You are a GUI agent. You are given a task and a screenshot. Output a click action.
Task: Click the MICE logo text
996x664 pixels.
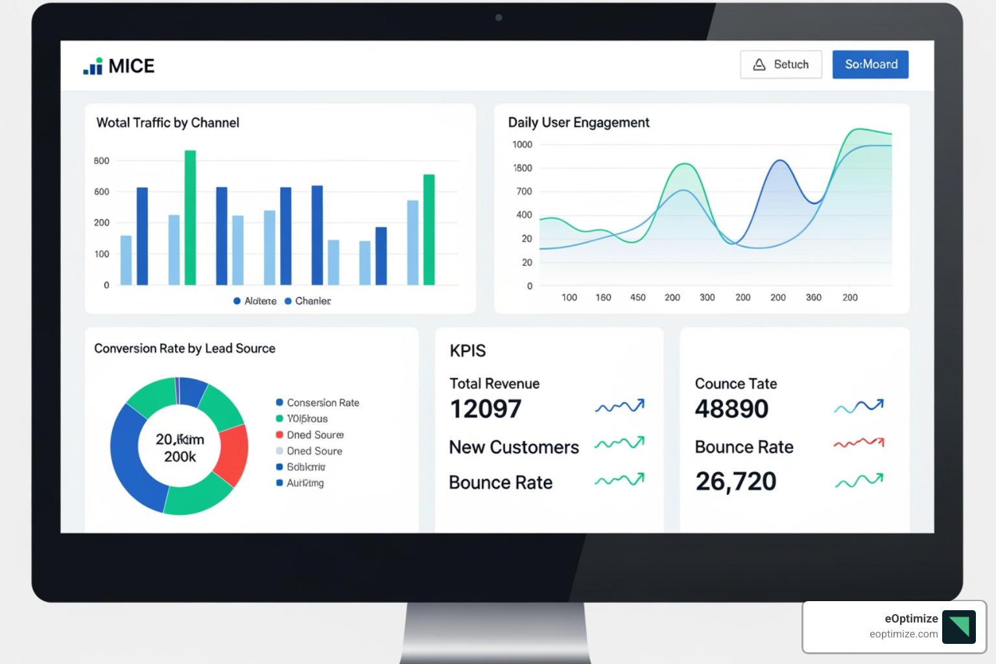[131, 66]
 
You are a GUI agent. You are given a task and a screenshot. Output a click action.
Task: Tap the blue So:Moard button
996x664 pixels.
[870, 64]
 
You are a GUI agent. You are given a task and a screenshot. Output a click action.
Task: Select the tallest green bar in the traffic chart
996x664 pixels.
[190, 217]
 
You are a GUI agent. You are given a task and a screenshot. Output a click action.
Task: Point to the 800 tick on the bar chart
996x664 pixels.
[102, 161]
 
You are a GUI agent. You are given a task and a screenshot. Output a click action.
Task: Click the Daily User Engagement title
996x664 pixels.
[578, 123]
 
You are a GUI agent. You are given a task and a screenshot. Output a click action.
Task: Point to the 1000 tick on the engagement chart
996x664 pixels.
[522, 145]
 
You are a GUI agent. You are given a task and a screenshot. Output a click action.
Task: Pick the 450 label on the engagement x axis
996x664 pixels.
[637, 298]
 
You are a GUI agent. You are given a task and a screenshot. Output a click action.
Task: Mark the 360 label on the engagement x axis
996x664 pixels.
[813, 298]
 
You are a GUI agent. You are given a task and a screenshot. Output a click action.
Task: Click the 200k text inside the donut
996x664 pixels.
[180, 457]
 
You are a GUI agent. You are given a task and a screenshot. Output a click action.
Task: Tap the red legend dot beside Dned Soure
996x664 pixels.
[279, 434]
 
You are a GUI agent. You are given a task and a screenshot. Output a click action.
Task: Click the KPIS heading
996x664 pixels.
[468, 351]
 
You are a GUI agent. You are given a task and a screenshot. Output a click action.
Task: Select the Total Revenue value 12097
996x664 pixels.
[486, 409]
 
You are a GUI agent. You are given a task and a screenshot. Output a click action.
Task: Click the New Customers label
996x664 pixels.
[514, 447]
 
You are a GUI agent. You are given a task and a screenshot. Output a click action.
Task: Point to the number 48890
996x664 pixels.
[731, 409]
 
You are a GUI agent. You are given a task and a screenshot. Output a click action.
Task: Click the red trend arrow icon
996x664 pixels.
[859, 443]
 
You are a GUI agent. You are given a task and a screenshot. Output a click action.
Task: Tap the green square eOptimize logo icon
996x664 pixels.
[958, 626]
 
